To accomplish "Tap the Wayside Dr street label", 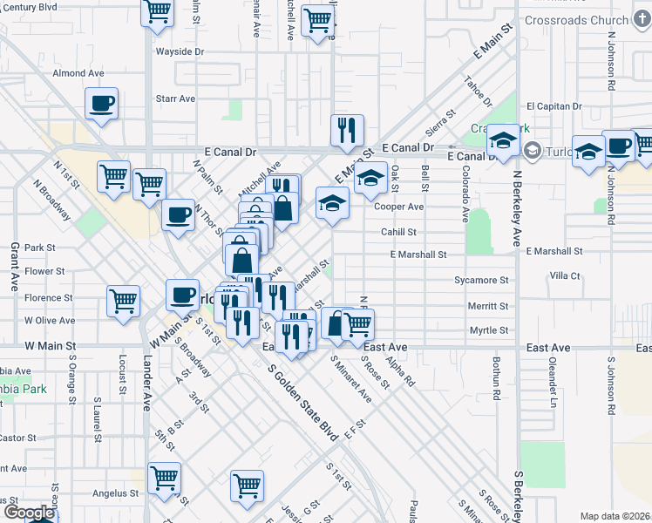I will pos(180,51).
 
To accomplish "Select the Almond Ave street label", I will pos(78,73).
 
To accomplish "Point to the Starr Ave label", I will pos(174,98).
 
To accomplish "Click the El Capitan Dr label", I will pos(554,105).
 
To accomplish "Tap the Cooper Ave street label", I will pos(398,207).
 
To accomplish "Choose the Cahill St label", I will pos(398,232).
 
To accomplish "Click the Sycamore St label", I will pos(481,280).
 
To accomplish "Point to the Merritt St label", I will pos(488,306).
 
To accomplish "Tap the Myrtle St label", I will pos(488,330).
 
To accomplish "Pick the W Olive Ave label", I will pos(50,321).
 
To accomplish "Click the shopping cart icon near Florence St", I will pos(123,301).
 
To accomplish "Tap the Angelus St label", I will pos(111,492).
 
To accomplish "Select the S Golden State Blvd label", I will pos(302,405).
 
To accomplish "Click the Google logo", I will pos(28,513).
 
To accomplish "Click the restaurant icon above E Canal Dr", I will pos(347,130).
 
